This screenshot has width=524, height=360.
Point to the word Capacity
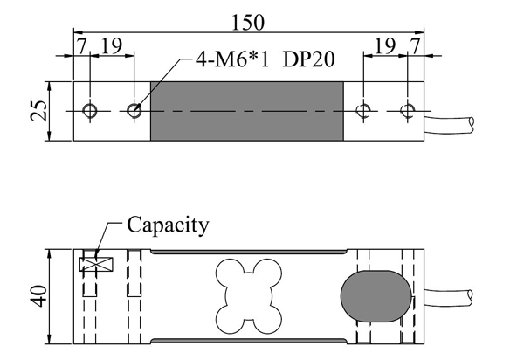tap(169, 225)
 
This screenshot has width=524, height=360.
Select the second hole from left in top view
tap(134, 111)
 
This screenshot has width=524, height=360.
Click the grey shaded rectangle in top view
tap(248, 111)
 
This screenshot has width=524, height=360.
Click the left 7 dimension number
tap(81, 45)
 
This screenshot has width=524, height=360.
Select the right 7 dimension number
tap(415, 45)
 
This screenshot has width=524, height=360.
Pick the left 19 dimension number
tap(112, 45)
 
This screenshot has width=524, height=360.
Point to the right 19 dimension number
tap(383, 45)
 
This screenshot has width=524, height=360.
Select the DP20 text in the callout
tap(309, 61)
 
